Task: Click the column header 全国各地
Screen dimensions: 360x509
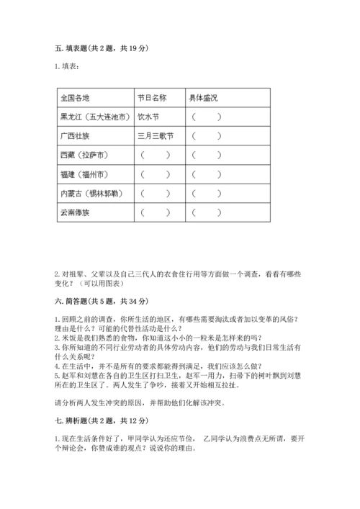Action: [75, 97]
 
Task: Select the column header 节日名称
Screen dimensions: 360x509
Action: [151, 97]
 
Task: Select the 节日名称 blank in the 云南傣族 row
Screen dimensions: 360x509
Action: [155, 212]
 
